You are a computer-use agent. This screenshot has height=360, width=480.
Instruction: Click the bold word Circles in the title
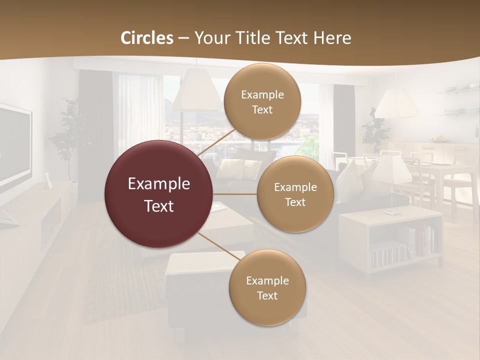click(146, 38)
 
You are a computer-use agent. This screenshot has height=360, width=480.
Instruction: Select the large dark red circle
click(159, 194)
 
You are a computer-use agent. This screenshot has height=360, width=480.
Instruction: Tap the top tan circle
click(262, 102)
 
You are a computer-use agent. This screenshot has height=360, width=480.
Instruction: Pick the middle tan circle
click(295, 194)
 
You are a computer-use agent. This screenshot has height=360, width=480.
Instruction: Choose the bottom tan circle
click(267, 288)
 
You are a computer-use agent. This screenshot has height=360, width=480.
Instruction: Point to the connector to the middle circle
click(235, 194)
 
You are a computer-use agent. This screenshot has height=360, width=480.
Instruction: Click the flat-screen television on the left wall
click(14, 147)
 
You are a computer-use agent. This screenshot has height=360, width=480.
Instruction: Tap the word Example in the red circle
click(159, 184)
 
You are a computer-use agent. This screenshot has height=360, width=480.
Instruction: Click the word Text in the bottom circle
click(267, 295)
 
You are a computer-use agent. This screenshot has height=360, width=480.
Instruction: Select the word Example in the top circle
click(262, 94)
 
